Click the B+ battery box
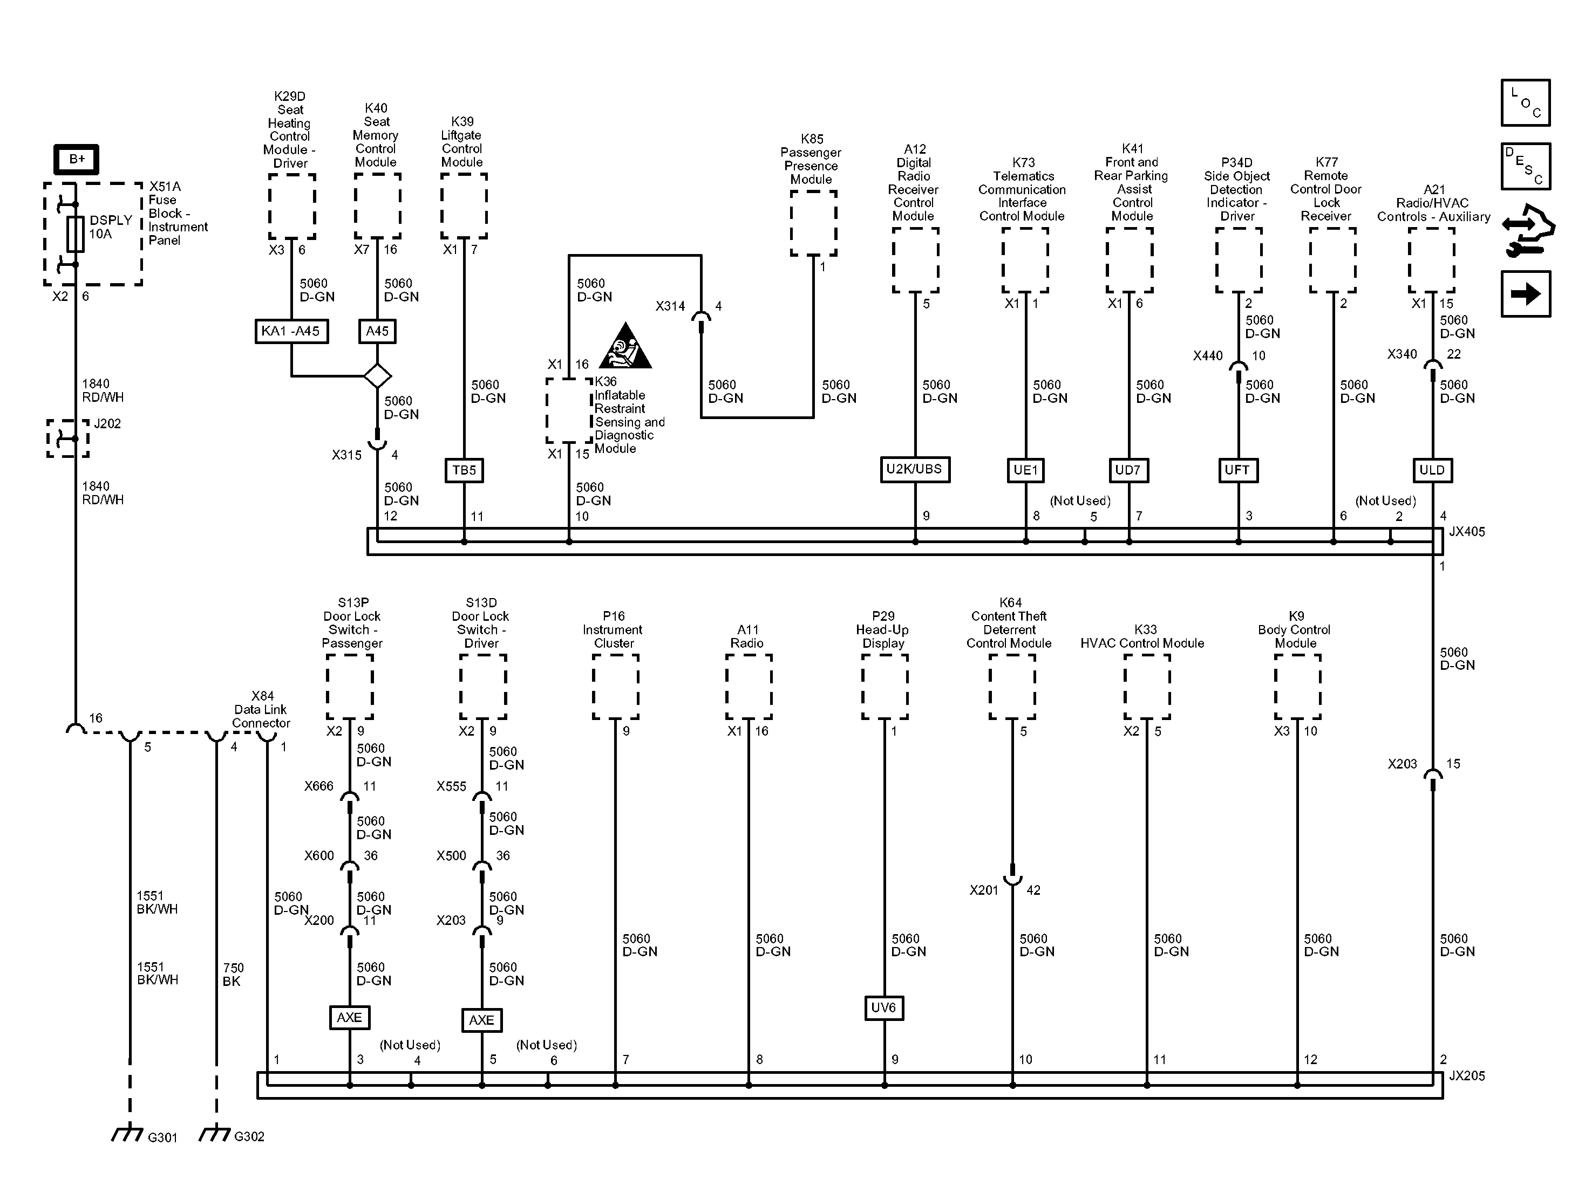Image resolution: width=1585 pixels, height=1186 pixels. click(x=76, y=159)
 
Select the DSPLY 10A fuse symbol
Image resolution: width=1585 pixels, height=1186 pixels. click(x=75, y=234)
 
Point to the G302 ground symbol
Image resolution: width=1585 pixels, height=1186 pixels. click(x=215, y=1134)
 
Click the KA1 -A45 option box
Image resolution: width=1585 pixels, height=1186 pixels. click(x=291, y=331)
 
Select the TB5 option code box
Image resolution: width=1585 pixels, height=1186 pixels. click(x=464, y=470)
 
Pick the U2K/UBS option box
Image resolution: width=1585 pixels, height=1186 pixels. click(x=914, y=469)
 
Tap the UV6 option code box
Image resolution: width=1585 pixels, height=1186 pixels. click(x=883, y=1007)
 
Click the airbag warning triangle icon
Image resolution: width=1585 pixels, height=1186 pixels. click(x=625, y=347)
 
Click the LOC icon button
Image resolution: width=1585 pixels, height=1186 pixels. click(x=1526, y=103)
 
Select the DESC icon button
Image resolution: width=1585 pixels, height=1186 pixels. click(x=1526, y=166)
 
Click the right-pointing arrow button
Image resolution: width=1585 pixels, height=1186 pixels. click(x=1526, y=293)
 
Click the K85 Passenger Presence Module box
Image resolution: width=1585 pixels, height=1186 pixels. click(x=813, y=223)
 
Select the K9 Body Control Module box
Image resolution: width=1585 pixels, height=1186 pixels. click(x=1297, y=687)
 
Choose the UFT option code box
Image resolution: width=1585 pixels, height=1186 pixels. click(x=1237, y=470)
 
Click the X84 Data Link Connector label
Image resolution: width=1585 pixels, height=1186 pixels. click(x=261, y=709)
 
